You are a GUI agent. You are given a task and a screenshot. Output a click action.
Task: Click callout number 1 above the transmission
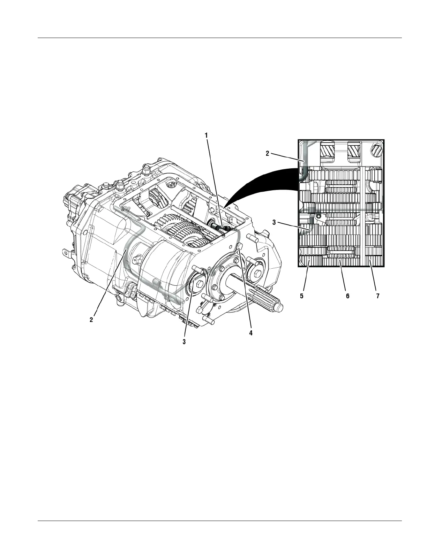(206, 135)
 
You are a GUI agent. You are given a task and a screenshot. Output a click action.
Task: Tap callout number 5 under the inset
(302, 296)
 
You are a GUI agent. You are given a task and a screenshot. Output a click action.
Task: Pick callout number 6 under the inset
(347, 296)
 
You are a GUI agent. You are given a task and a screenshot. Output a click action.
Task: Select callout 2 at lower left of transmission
(91, 320)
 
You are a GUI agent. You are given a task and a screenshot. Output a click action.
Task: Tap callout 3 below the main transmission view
(184, 342)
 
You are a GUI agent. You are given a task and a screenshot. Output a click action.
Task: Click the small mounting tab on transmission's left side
(66, 251)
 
